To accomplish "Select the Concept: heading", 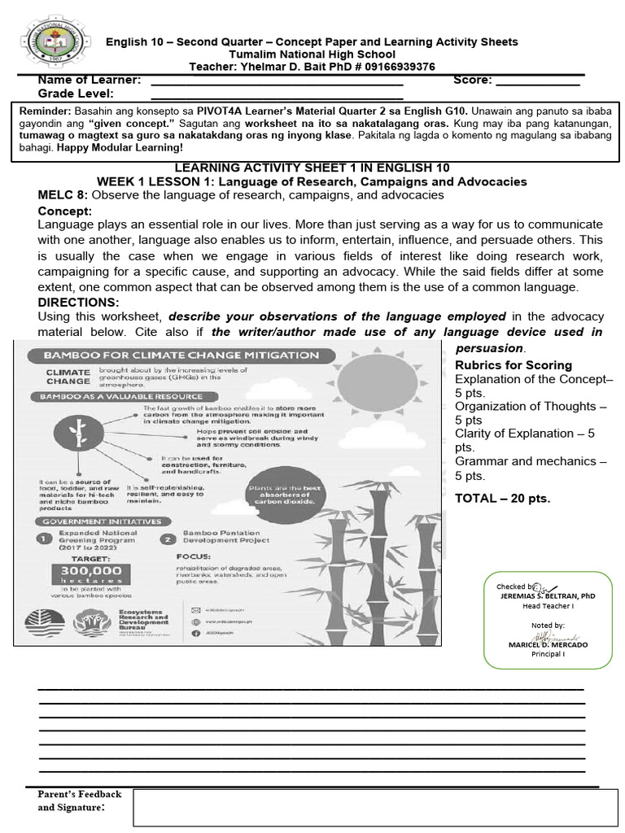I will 65,211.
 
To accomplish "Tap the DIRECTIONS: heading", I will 78,302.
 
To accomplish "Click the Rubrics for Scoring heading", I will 513,365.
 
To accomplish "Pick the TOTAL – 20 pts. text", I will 502,498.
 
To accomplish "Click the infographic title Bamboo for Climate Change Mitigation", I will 181,355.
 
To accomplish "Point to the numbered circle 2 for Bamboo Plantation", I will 168,539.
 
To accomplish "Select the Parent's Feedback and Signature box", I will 375,807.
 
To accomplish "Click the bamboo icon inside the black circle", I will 79,433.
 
